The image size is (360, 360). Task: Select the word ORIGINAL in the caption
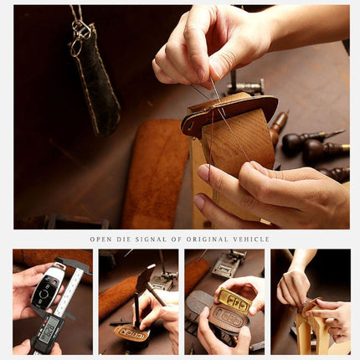[205, 239]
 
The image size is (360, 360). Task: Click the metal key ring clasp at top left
[80, 30]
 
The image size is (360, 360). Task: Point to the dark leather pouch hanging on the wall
[99, 84]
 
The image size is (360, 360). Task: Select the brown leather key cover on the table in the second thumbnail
[131, 333]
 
